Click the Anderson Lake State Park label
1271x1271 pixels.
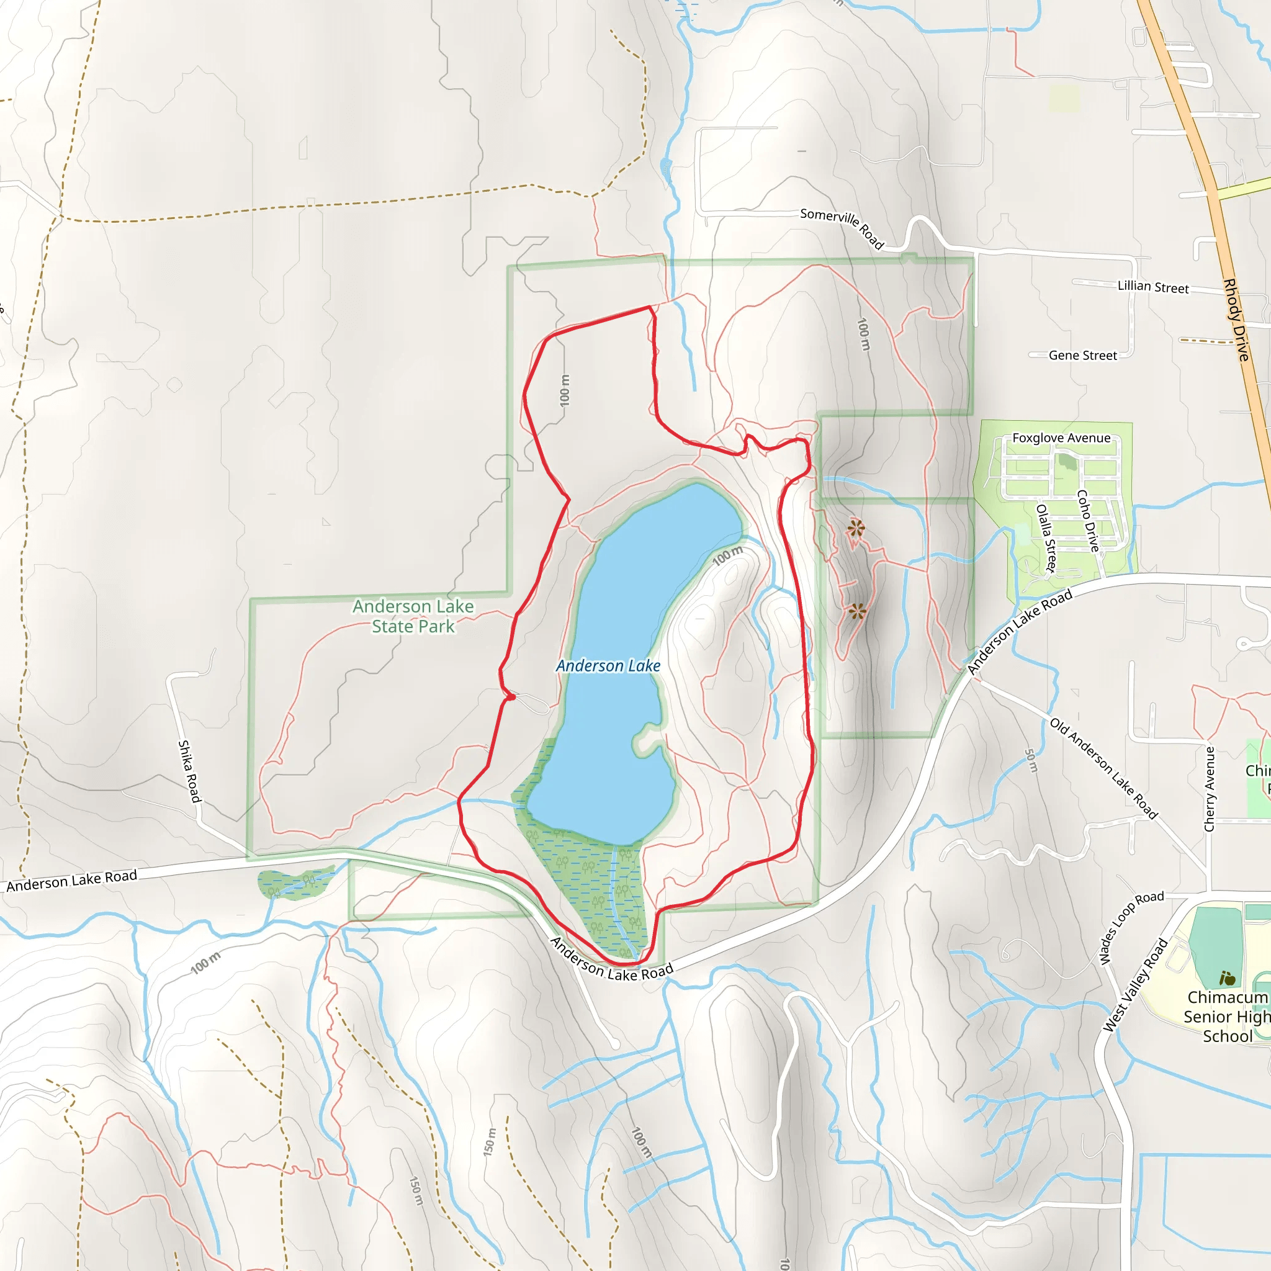(x=413, y=616)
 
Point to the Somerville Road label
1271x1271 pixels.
(x=842, y=228)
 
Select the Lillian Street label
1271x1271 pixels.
(x=1153, y=287)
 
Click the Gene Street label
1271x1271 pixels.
(x=1083, y=355)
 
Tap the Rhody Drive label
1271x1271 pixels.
(x=1236, y=320)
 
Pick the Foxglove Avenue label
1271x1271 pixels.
(x=1061, y=438)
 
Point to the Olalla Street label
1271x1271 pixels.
(x=1046, y=538)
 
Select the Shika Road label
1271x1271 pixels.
(x=189, y=771)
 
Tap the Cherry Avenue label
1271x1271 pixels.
(x=1209, y=789)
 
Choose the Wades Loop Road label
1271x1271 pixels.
(x=1131, y=927)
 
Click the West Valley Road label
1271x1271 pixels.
(x=1136, y=985)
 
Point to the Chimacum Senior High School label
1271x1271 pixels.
(x=1226, y=1017)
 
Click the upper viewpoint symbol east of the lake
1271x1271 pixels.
(x=855, y=528)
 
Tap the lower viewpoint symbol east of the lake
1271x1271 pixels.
(x=856, y=612)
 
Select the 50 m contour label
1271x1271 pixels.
(x=1031, y=760)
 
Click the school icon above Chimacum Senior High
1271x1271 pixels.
(x=1227, y=978)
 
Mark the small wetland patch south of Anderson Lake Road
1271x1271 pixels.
(x=295, y=884)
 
